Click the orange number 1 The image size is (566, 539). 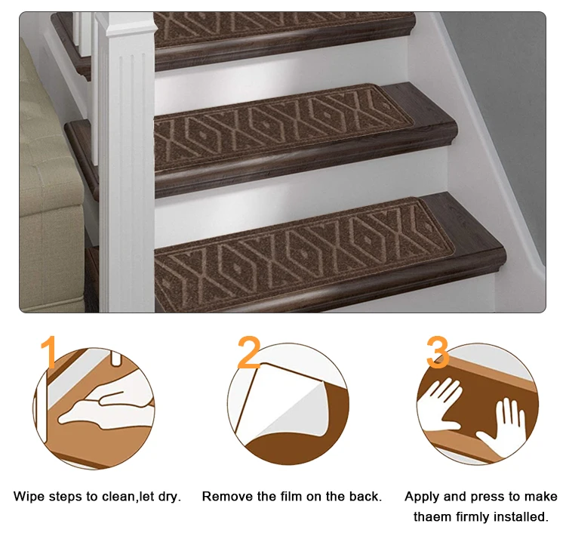49,353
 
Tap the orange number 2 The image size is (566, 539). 249,353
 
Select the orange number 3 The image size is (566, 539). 438,353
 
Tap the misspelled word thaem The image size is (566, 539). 433,517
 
